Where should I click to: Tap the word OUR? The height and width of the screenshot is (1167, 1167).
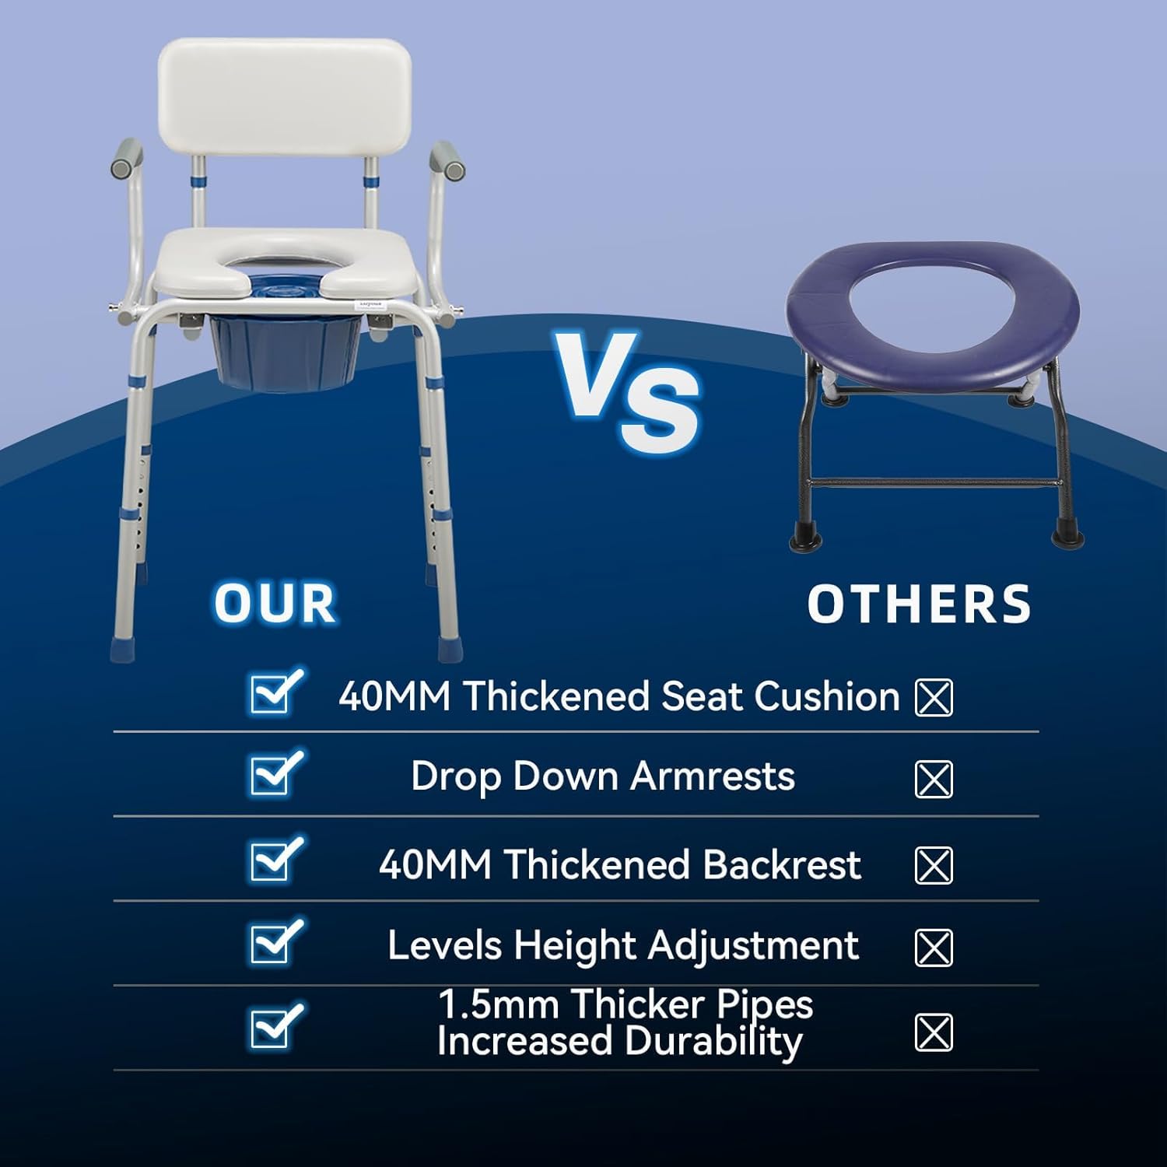click(275, 603)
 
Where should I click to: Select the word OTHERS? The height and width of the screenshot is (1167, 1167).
click(919, 604)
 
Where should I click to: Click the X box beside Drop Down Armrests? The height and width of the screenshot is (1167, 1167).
click(934, 780)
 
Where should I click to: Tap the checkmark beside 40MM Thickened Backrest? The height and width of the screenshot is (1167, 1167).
click(275, 859)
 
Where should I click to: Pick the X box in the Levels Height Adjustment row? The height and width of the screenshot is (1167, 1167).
click(934, 948)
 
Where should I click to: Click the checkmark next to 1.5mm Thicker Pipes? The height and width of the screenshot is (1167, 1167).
click(275, 1025)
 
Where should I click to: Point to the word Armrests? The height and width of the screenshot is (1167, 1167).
click(713, 776)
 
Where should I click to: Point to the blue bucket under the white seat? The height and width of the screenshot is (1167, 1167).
click(285, 350)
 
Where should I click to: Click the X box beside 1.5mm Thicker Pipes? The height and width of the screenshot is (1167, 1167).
click(934, 1033)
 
